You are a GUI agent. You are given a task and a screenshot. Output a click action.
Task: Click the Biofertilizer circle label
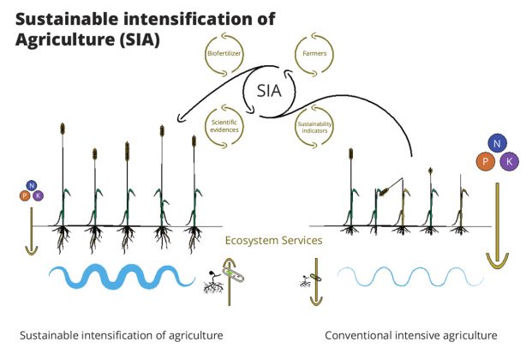224,53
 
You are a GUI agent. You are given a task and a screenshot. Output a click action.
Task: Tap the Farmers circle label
314,53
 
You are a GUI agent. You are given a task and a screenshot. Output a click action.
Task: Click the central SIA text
269,91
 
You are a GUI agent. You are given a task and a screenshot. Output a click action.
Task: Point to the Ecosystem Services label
273,241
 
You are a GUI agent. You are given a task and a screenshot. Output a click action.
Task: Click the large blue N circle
497,143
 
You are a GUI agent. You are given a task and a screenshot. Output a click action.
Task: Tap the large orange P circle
486,161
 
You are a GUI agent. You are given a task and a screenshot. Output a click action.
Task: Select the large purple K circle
509,161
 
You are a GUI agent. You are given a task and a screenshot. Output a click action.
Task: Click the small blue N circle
32,185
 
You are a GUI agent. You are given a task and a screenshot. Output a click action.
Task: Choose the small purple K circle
38,195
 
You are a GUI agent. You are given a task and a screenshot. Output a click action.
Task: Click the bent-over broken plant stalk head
384,191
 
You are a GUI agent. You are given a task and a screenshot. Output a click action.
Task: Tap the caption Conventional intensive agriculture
411,335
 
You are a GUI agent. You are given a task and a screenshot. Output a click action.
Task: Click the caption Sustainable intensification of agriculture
122,335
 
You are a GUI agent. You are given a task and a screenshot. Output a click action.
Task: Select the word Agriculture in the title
65,39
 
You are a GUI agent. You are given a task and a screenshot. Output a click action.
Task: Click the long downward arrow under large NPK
498,225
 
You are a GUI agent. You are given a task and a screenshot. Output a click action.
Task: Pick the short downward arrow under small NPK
32,231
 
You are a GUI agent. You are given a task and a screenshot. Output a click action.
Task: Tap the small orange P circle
25,195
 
